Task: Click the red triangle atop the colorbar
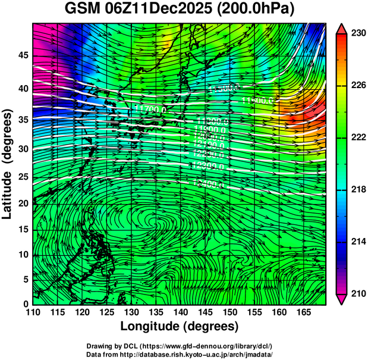[341, 29]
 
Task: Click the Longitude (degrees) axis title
[180, 326]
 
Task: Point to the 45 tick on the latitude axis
[23, 55]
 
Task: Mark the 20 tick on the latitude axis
[23, 204]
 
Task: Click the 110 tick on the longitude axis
[33, 312]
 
